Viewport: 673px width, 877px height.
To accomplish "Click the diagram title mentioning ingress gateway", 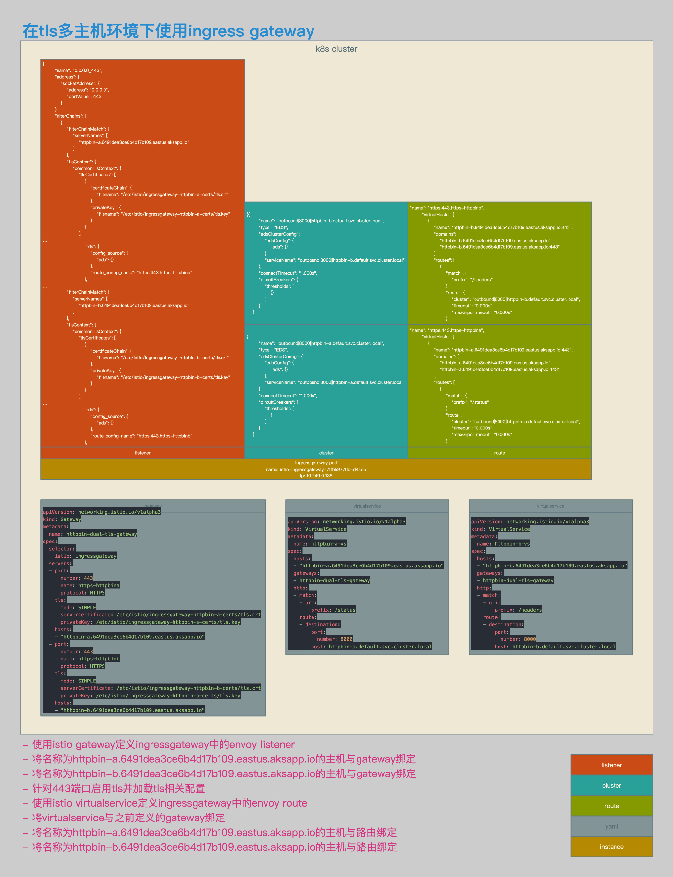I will coord(168,31).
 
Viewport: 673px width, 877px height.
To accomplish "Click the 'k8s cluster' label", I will coord(336,49).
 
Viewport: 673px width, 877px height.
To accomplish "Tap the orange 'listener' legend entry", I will coord(611,765).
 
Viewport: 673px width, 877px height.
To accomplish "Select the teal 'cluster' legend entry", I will coord(611,785).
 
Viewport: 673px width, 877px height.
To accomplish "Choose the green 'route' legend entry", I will coord(611,806).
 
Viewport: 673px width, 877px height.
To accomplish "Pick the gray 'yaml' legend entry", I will coord(611,826).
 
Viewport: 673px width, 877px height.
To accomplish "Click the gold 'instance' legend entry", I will coord(611,846).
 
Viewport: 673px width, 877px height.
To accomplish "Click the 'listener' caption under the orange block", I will coord(143,453).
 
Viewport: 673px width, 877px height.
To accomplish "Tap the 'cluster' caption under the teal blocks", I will coord(326,453).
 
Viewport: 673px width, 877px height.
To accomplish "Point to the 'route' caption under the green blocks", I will coord(499,453).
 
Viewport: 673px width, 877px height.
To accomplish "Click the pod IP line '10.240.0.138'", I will coord(316,476).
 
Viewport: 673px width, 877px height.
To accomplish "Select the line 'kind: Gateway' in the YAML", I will coord(62,519).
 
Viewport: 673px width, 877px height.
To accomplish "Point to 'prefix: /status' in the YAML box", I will coord(333,610).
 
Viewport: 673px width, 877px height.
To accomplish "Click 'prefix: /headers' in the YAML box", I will coord(518,610).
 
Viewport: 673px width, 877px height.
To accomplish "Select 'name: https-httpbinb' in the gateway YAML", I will coord(90,659).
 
